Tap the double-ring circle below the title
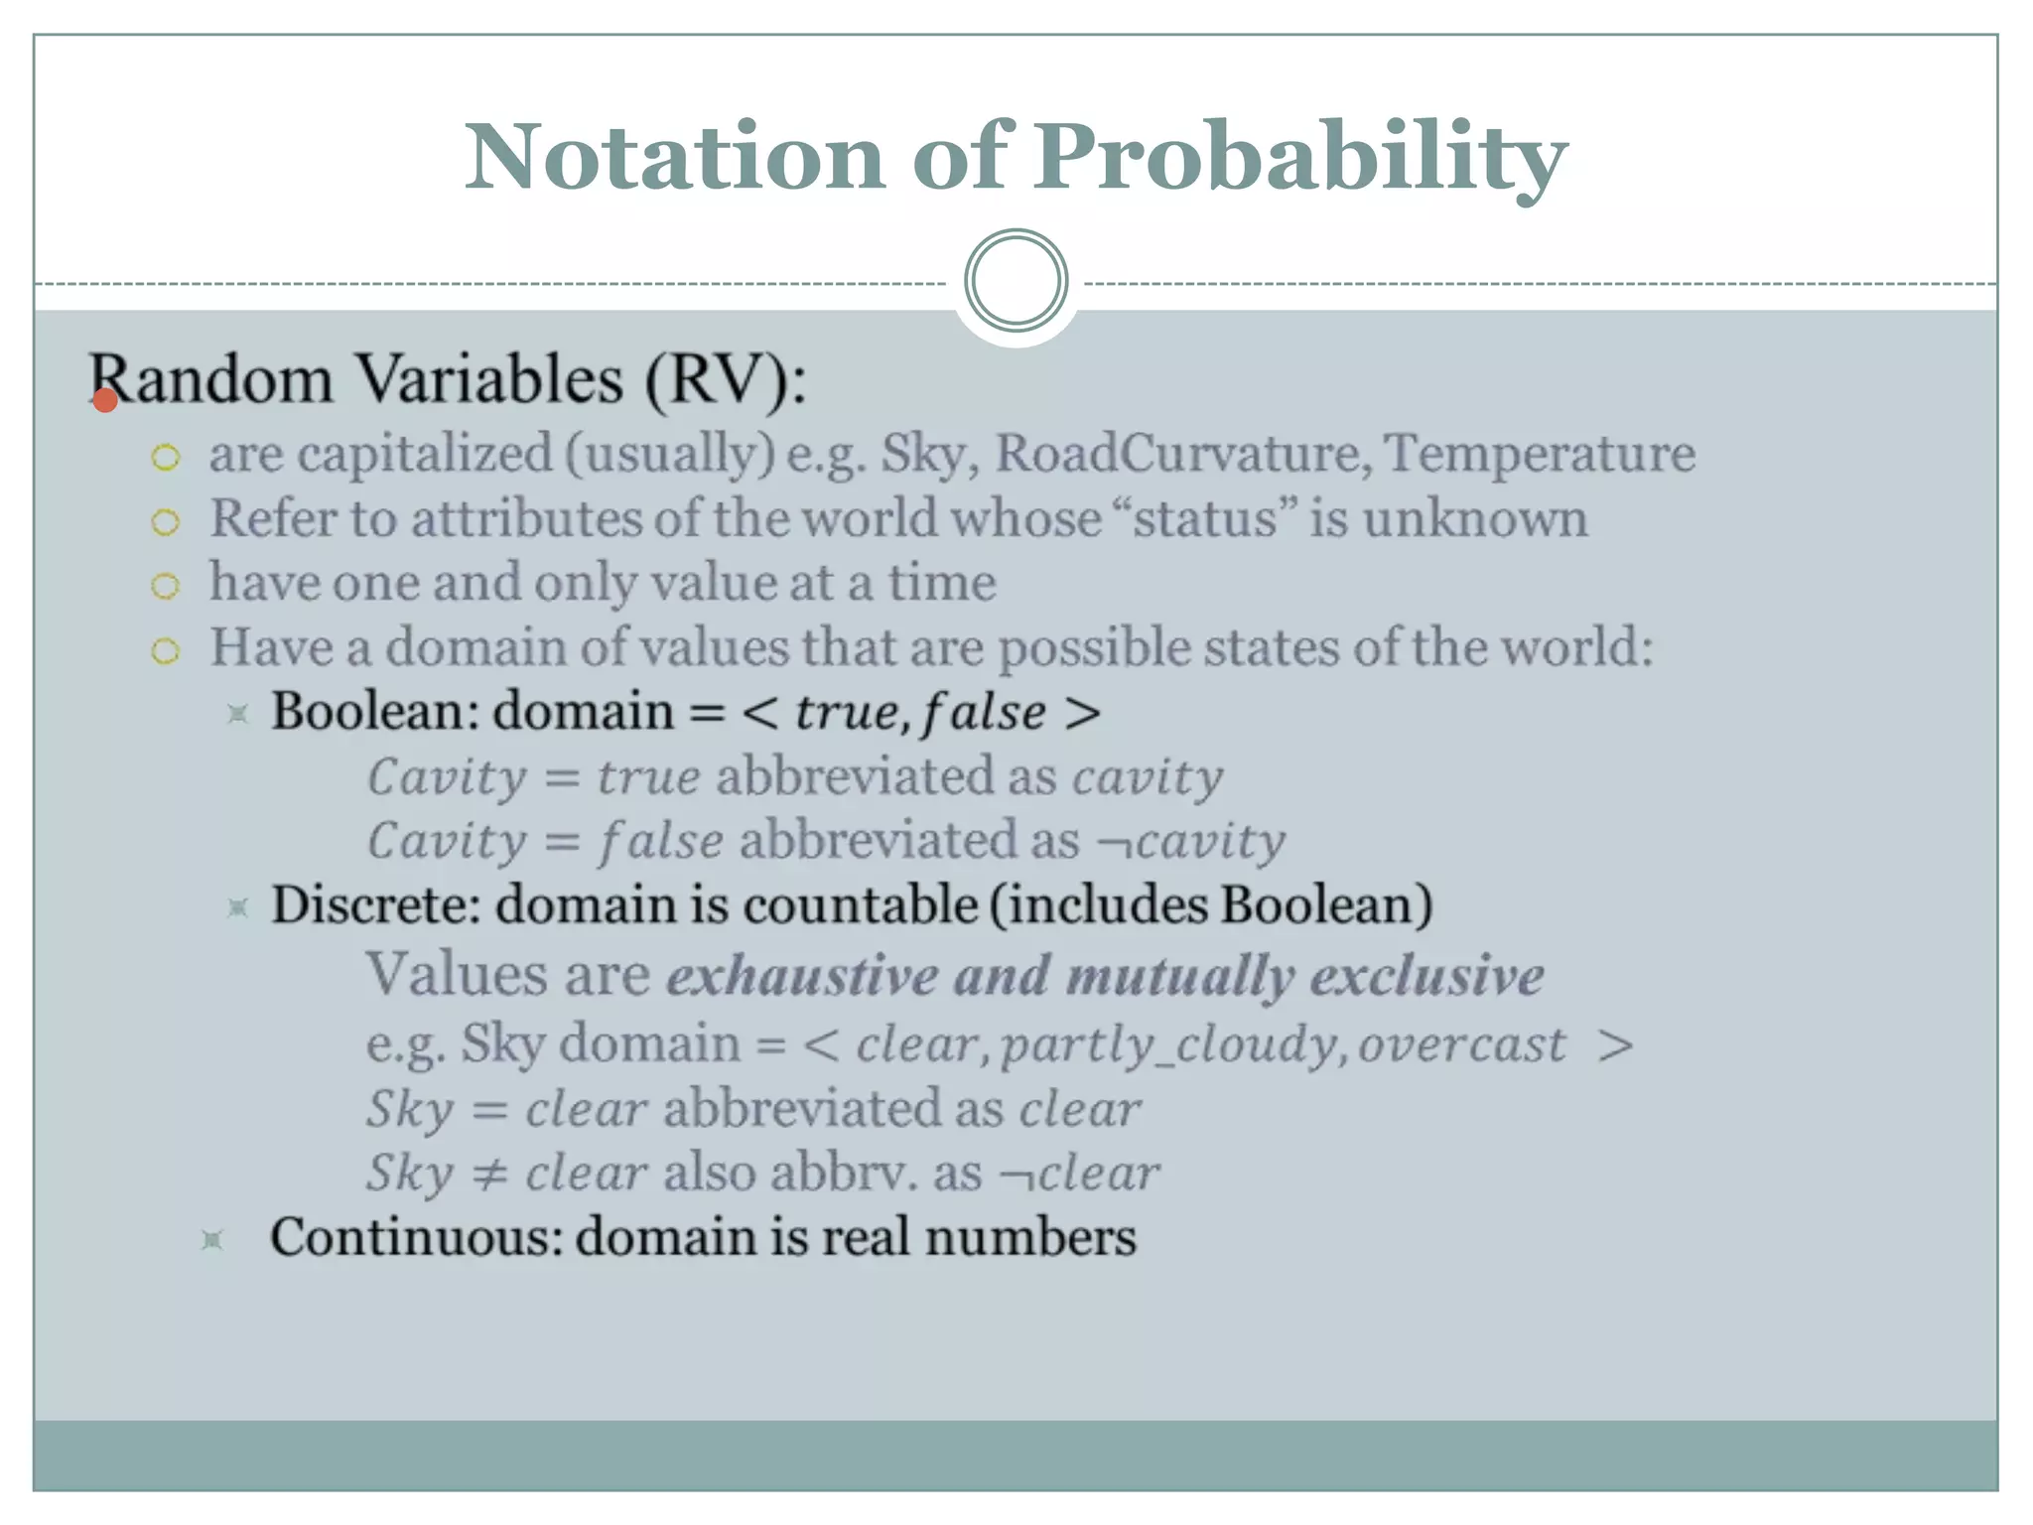coord(1016,281)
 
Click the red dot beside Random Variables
coord(105,400)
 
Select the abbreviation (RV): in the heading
coord(726,379)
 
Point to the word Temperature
coord(1539,454)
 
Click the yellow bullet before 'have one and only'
coord(166,586)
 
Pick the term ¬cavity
coord(1190,841)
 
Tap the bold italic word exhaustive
coord(802,975)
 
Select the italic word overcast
coord(1461,1044)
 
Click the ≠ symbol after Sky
coord(489,1174)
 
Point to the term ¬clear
coord(1079,1174)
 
